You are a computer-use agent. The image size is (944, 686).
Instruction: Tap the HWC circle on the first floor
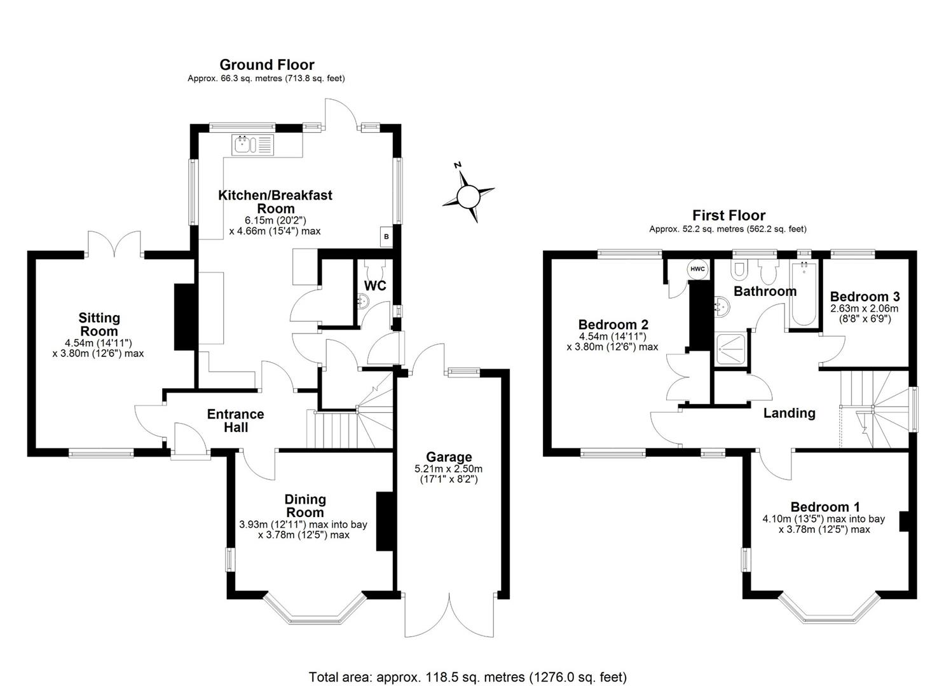(x=697, y=269)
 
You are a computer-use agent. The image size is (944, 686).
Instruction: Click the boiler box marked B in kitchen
(x=386, y=237)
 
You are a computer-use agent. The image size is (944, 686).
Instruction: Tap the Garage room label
(x=449, y=457)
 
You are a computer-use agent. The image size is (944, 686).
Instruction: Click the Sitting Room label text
(x=99, y=325)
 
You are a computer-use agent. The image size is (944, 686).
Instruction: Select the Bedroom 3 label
(x=865, y=297)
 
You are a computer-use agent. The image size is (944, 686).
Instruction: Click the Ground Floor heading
(x=266, y=65)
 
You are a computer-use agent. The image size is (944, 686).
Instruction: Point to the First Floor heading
(x=729, y=215)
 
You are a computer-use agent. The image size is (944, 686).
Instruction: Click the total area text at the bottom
(x=467, y=676)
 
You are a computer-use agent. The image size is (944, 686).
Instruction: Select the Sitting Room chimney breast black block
(x=184, y=317)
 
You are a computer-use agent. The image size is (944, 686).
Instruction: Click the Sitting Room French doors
(x=114, y=245)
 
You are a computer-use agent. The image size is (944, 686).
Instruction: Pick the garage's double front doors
(x=449, y=615)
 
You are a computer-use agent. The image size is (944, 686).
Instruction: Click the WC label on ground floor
(x=375, y=286)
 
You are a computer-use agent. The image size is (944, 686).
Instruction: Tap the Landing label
(x=789, y=413)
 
